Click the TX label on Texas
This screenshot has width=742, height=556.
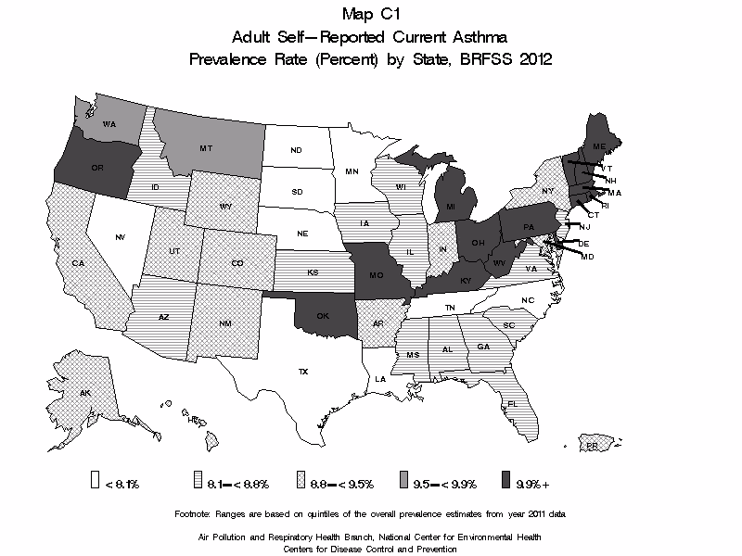coord(302,371)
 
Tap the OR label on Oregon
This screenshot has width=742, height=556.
coord(96,168)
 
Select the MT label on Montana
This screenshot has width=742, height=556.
coord(206,148)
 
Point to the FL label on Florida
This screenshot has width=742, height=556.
coord(511,404)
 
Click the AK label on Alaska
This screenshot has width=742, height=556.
coord(84,394)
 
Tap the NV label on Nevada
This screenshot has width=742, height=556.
coord(120,238)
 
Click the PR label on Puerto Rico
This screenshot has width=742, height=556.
coord(592,446)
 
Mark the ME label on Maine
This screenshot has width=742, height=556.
coord(599,147)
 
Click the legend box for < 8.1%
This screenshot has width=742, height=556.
coord(96,481)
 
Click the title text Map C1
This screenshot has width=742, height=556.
coord(370,14)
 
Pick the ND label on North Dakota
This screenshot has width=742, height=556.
coord(296,150)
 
